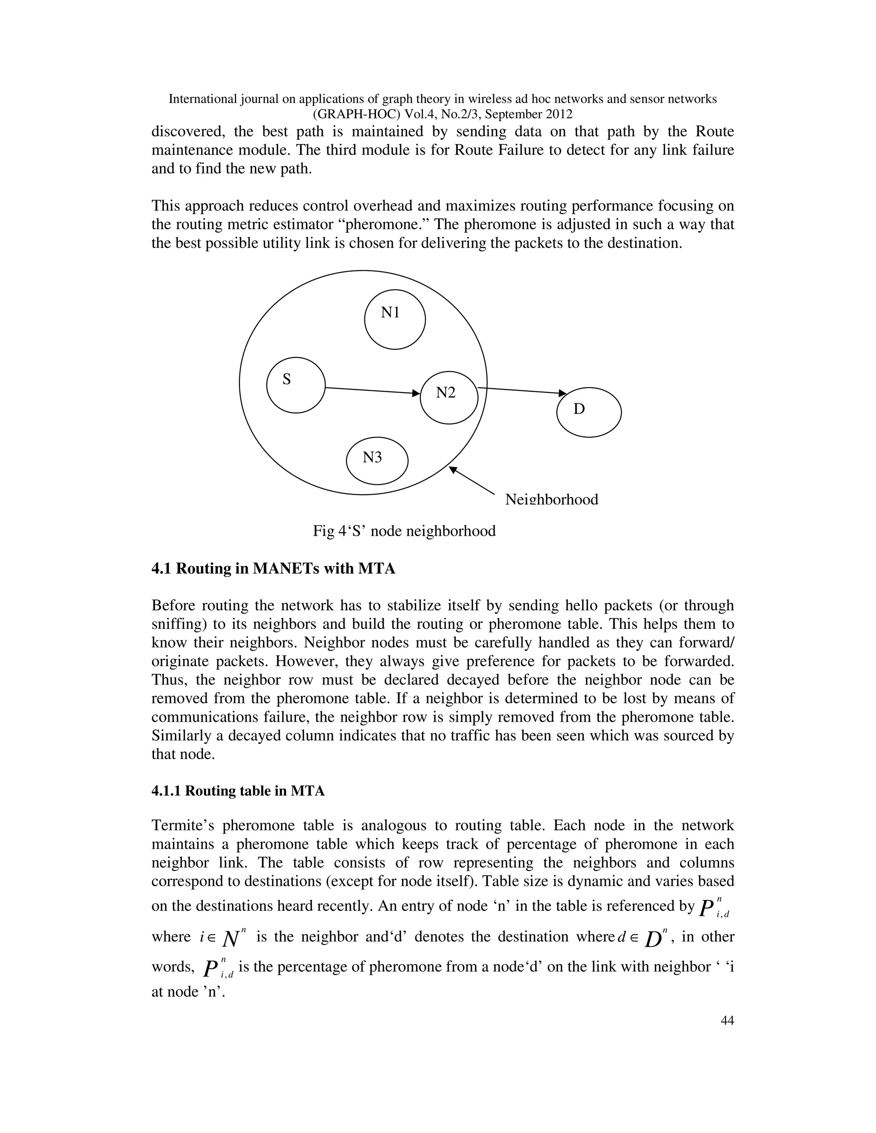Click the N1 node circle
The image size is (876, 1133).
[395, 319]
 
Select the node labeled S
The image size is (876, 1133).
[296, 385]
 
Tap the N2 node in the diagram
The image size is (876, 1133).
[448, 397]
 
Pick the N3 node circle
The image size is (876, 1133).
[377, 460]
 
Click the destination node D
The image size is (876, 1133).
[589, 413]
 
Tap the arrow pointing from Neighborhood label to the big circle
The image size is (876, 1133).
[472, 481]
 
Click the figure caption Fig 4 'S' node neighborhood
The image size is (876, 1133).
[404, 531]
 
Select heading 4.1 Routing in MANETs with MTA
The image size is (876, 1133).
[273, 569]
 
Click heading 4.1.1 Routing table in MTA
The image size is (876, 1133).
[238, 791]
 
